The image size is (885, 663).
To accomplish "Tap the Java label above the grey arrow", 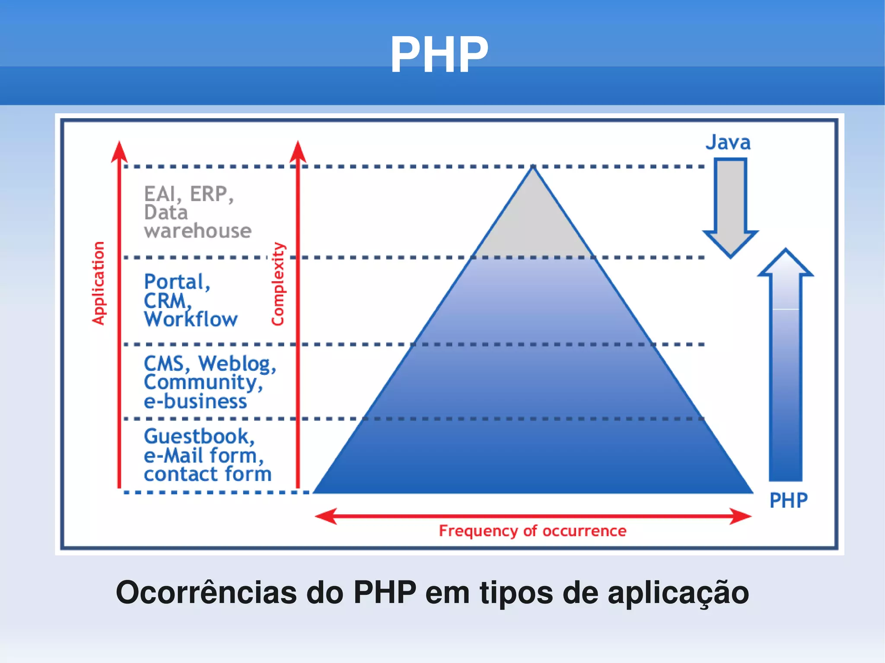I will point(728,143).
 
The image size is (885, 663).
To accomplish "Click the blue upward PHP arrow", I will point(785,367).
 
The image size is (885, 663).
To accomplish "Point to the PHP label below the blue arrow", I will point(788,501).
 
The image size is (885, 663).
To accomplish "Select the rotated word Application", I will point(99,283).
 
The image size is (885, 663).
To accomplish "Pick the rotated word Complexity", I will point(278,284).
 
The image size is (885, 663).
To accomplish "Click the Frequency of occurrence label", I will point(532,531).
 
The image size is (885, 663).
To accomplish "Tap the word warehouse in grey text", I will point(197,231).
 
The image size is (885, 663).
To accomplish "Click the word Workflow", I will point(191,319).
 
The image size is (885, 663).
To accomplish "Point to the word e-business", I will point(195,401).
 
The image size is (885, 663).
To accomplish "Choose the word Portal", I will point(176,282).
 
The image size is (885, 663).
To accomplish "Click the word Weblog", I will point(236,364).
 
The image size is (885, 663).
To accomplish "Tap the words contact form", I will point(207,474).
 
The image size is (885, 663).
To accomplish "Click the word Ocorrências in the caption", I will point(206,592).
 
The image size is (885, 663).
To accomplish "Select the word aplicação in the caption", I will point(678,593).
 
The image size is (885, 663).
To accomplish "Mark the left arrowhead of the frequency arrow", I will point(326,516).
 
